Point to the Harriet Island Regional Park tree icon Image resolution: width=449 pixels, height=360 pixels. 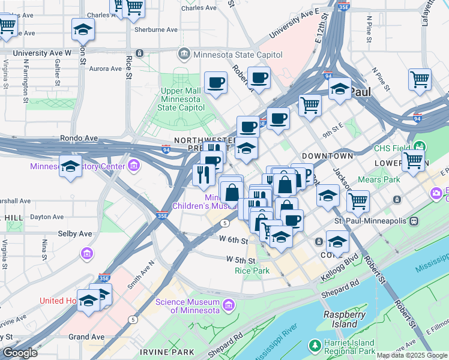315,346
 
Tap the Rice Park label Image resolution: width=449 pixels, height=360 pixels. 252,271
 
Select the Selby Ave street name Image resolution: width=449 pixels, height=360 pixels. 74,233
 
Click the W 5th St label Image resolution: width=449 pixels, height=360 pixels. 241,260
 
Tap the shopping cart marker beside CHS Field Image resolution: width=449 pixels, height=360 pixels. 413,161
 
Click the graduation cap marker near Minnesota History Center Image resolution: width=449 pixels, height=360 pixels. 71,166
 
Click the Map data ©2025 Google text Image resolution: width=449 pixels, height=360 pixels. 411,355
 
